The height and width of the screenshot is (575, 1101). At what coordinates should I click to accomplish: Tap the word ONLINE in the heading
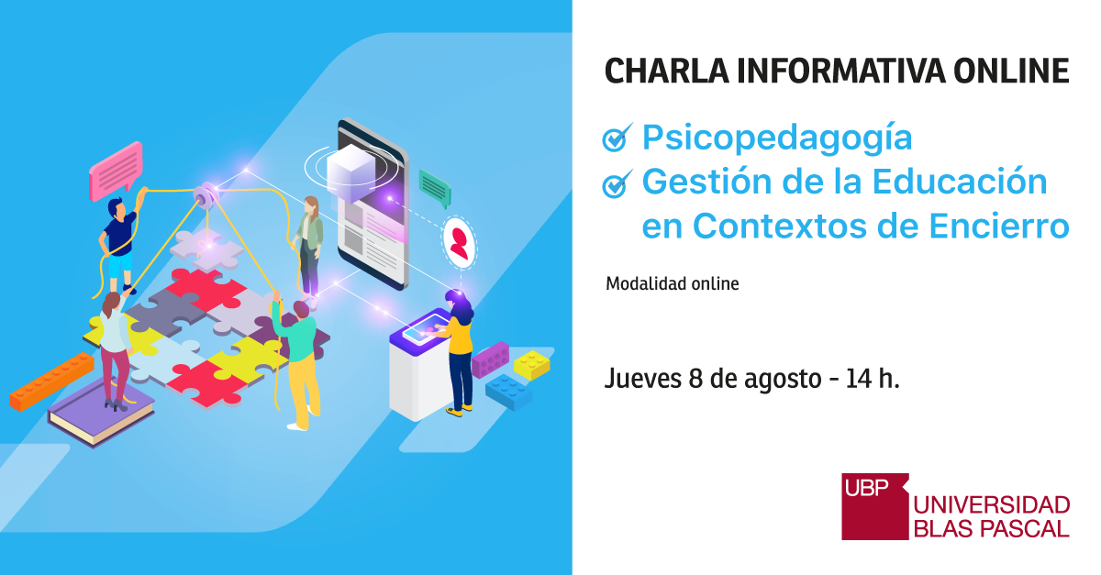point(1011,72)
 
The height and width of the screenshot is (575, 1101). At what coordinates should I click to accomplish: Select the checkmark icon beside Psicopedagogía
point(617,138)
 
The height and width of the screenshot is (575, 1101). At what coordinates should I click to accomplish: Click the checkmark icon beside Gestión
point(617,183)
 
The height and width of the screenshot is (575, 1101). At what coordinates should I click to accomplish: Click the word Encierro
point(999,227)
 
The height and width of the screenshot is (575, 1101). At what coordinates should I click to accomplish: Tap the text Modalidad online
point(673,284)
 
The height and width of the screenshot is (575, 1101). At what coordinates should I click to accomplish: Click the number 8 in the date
point(695,379)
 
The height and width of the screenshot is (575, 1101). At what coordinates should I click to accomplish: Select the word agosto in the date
point(783,381)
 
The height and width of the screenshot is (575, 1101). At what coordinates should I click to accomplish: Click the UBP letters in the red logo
point(866,488)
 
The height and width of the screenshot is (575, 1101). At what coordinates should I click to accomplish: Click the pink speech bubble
point(116,171)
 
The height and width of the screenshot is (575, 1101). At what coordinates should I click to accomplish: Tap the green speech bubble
point(435,188)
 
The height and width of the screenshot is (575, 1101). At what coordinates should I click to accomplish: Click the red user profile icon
point(459,243)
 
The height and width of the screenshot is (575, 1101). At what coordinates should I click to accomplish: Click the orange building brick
point(51,381)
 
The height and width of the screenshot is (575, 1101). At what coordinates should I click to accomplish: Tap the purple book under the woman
point(101,413)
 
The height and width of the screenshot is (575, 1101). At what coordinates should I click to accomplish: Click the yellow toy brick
point(532,365)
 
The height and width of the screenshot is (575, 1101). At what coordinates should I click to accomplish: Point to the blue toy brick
point(508,393)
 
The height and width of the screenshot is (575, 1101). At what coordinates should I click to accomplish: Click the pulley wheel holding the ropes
point(205,195)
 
